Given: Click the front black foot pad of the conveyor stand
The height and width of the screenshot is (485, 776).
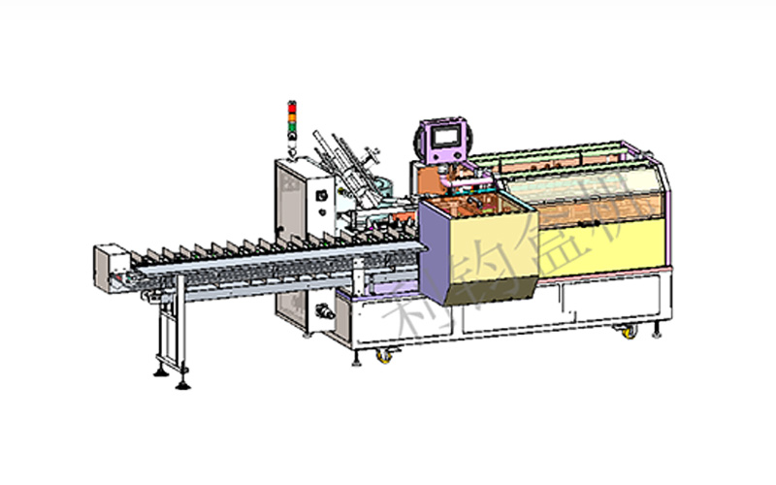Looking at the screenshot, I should tap(182, 384).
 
